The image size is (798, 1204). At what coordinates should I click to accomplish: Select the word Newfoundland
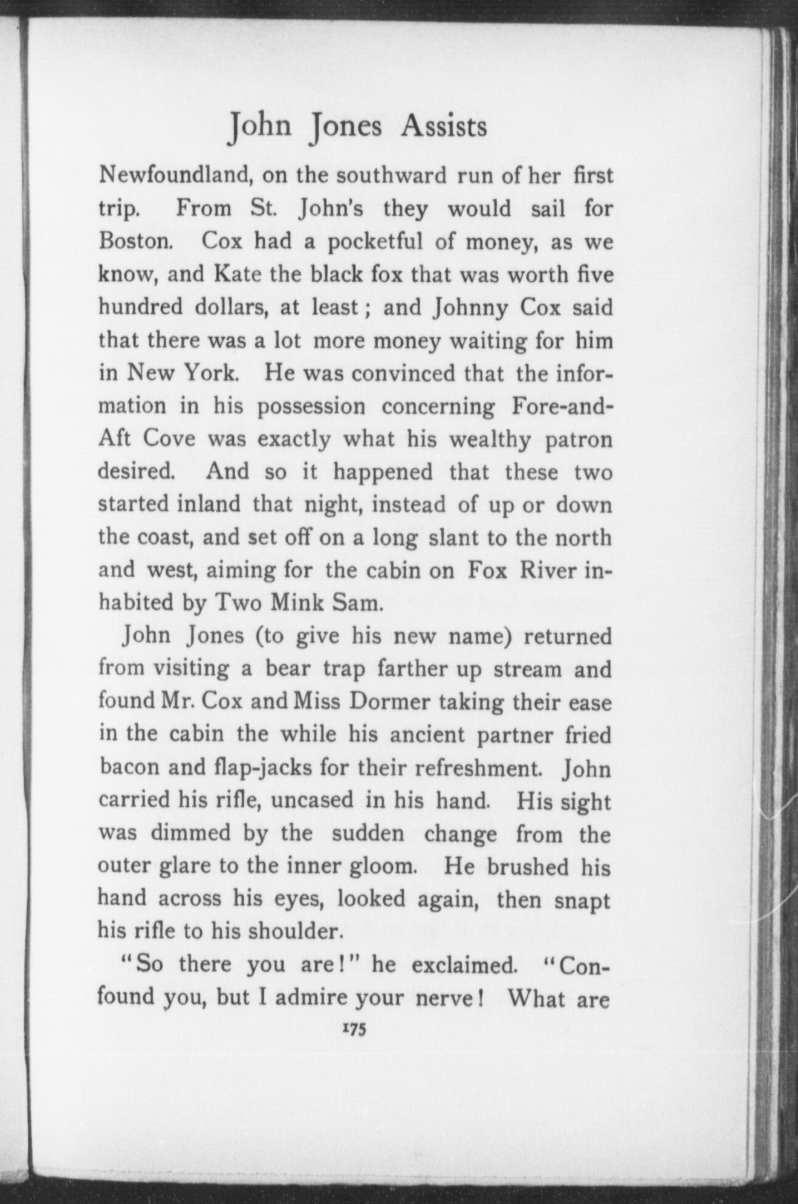170,176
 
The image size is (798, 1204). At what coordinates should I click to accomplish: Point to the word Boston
137,242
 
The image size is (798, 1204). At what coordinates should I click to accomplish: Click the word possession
311,407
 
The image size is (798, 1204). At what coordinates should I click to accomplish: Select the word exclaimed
463,965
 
